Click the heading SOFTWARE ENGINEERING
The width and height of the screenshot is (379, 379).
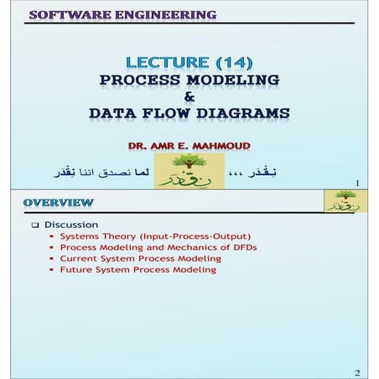pos(122,14)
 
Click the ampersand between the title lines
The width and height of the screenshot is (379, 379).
pos(189,96)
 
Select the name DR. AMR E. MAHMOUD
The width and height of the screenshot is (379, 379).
pos(189,144)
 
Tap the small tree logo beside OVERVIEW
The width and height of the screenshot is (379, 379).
pos(340,200)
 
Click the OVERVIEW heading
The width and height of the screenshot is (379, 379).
pos(59,203)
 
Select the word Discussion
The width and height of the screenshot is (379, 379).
pos(71,225)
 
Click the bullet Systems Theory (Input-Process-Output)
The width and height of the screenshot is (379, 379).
pos(155,236)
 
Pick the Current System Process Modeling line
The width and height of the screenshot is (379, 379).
pos(140,258)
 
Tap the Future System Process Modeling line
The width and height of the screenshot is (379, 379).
pos(138,270)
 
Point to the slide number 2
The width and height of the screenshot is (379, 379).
pos(356,371)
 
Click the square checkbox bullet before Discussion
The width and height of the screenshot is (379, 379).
pos(35,225)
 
